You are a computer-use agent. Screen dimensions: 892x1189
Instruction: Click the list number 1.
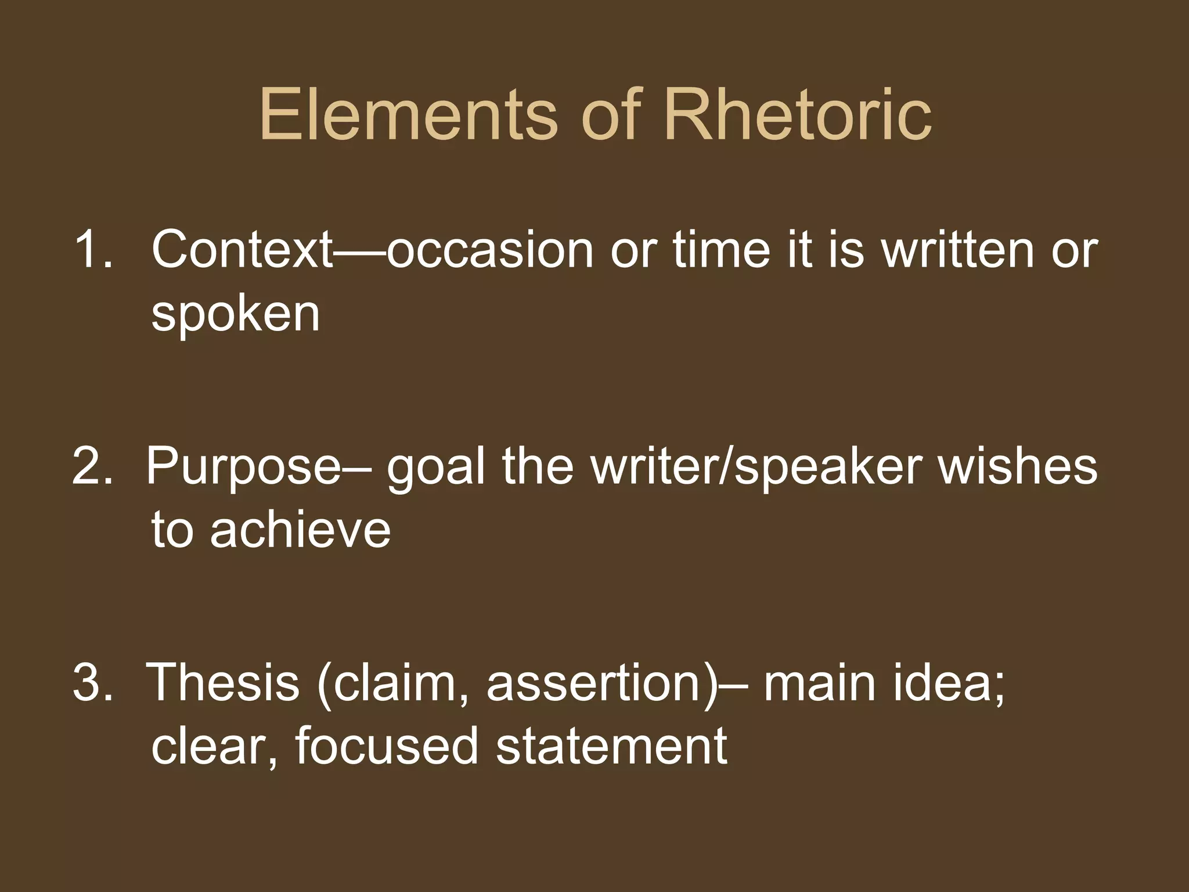(x=93, y=249)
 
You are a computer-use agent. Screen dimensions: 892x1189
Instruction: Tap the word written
(x=959, y=249)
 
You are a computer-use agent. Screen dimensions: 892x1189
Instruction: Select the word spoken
(x=235, y=315)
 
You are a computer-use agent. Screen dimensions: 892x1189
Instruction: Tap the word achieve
(x=300, y=530)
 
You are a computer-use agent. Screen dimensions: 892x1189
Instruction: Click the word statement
(x=611, y=746)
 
